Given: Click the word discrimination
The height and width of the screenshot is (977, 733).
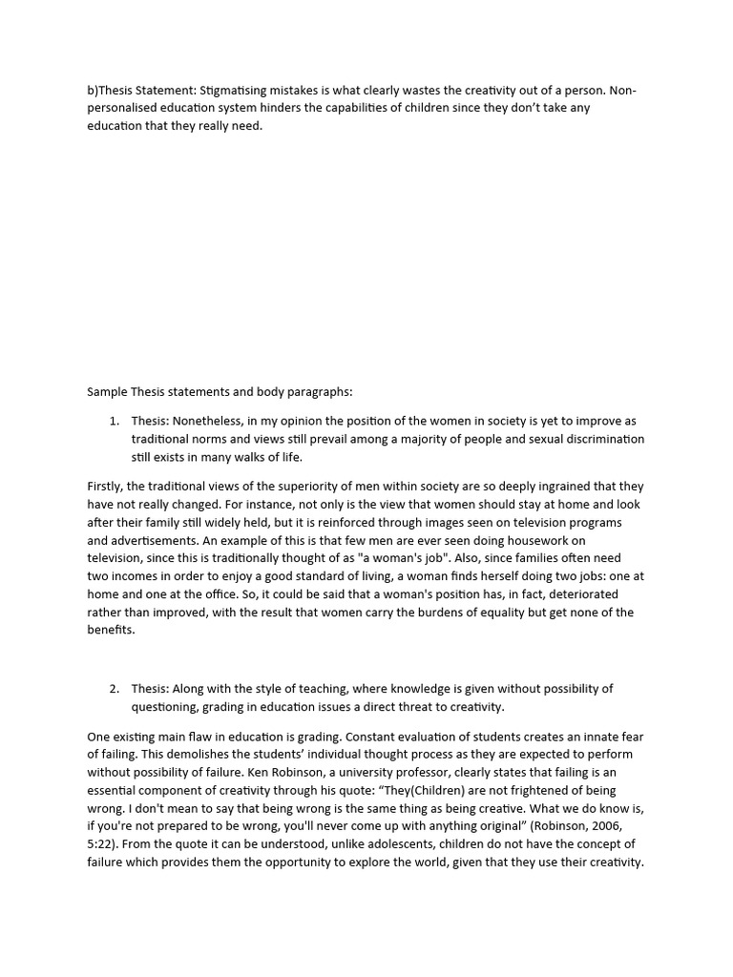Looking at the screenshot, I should [600, 439].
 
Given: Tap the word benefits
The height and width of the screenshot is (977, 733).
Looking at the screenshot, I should [111, 631].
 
